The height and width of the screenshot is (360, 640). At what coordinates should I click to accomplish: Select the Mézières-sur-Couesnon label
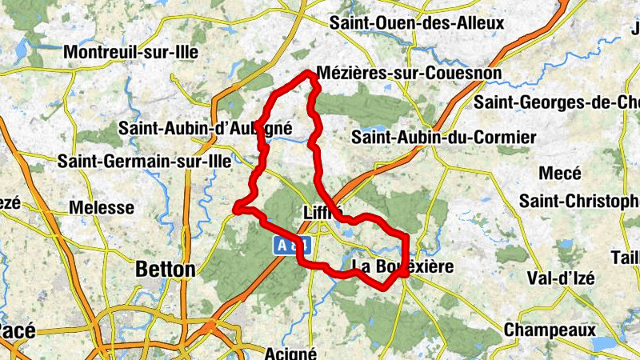pos(410,74)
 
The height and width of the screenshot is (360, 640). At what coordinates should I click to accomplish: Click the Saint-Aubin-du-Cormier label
pos(443,138)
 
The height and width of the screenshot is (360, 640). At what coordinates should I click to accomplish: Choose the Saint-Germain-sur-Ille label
pos(144,162)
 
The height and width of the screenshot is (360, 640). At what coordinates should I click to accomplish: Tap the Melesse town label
pos(102,208)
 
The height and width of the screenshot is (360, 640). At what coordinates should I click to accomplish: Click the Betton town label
pos(166,270)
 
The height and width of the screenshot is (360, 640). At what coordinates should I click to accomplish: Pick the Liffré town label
pos(323,214)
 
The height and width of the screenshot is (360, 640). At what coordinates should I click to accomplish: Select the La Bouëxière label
pos(402,266)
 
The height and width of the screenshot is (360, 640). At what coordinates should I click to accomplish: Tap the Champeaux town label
pos(550,330)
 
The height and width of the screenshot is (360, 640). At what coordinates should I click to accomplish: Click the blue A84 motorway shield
pos(292,246)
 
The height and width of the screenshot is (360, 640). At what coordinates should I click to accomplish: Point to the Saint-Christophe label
pos(579,200)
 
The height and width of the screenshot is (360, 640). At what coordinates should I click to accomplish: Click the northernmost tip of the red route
pos(309,74)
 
